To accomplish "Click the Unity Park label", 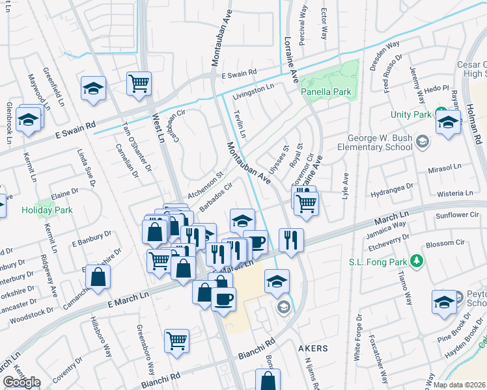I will (x=411, y=114).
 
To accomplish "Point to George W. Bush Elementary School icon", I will (x=423, y=142).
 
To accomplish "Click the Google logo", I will (x=21, y=382).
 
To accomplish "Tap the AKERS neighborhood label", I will (x=313, y=348).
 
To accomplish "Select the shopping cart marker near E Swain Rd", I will (x=139, y=84).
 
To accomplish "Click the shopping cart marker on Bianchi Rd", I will (x=176, y=341).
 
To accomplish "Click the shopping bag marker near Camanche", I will (x=98, y=276).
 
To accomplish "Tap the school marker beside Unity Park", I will (x=448, y=122).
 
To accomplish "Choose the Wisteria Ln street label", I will (x=455, y=193).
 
